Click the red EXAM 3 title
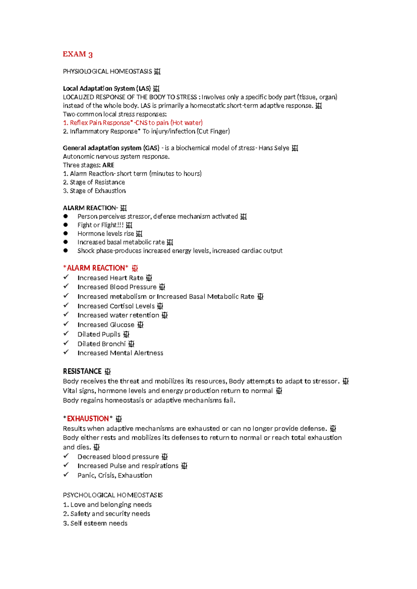pyautogui.click(x=77, y=54)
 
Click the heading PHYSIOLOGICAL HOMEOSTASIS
pyautogui.click(x=107, y=72)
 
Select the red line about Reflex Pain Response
pyautogui.click(x=132, y=123)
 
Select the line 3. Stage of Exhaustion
pyautogui.click(x=94, y=191)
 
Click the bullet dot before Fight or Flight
pyautogui.click(x=66, y=225)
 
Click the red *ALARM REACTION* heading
pyautogui.click(x=96, y=268)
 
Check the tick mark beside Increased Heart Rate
pyautogui.click(x=66, y=277)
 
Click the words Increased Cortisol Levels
pyautogui.click(x=116, y=306)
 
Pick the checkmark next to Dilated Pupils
pyautogui.click(x=66, y=333)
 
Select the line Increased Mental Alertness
pyautogui.click(x=120, y=353)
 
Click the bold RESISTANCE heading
pyautogui.click(x=82, y=371)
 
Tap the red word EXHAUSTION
pyautogui.click(x=88, y=418)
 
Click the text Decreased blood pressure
pyautogui.click(x=118, y=457)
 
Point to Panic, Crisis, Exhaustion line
pyautogui.click(x=115, y=475)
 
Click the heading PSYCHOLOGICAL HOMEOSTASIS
pyautogui.click(x=113, y=495)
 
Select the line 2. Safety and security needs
pyautogui.click(x=106, y=514)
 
